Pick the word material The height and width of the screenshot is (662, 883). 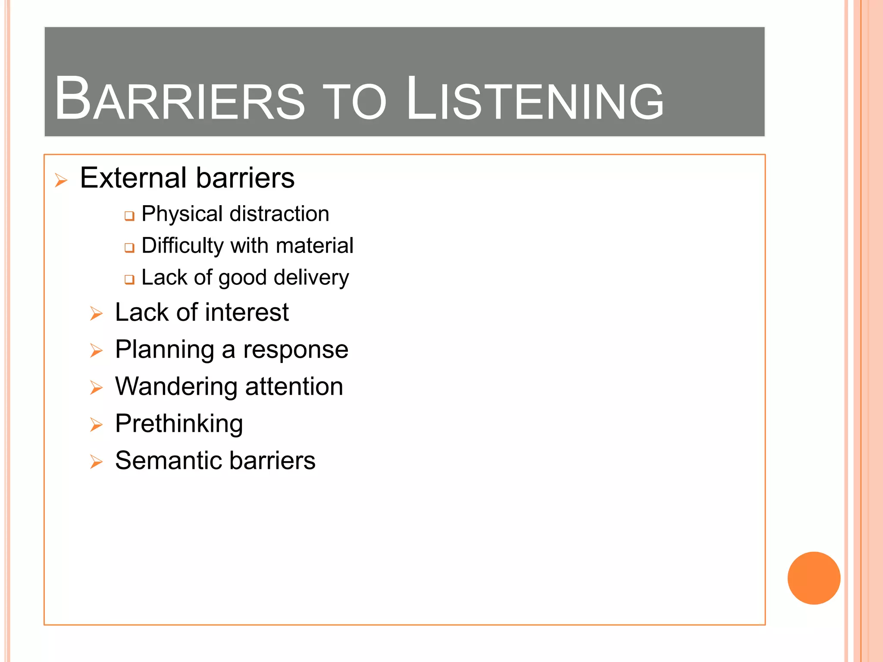tap(314, 246)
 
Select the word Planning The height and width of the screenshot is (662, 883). tap(164, 350)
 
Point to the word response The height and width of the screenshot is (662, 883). tap(296, 350)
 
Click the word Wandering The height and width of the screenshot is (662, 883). tap(176, 387)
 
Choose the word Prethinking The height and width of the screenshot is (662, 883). tap(179, 424)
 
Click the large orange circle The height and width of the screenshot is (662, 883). tap(814, 578)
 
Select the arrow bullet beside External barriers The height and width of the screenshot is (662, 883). tap(61, 180)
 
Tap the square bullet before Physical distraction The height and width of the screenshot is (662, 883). tap(129, 215)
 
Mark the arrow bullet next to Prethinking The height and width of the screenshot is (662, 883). tap(96, 425)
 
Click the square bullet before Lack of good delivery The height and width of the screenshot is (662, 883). tap(129, 279)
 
